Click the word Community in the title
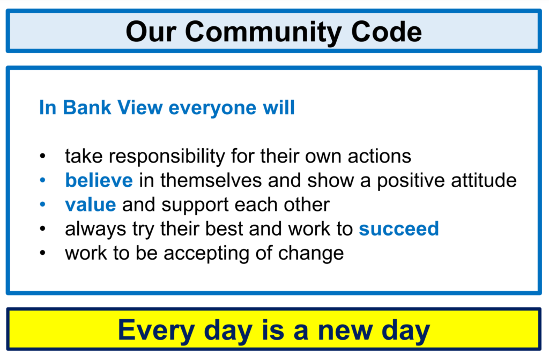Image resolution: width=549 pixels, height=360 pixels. (x=264, y=32)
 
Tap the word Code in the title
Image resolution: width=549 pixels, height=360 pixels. (x=386, y=32)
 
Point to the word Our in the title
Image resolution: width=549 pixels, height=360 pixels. (x=151, y=32)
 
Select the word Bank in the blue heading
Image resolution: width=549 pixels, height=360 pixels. (x=87, y=107)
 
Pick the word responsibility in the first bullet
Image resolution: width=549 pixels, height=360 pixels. (x=167, y=156)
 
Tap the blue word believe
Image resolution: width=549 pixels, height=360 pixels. (x=99, y=180)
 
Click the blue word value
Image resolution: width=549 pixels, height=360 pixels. (x=90, y=205)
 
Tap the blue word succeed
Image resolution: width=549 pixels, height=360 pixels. (x=399, y=229)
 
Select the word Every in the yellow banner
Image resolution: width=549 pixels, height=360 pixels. (x=156, y=330)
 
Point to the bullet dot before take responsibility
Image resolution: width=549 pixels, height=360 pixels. (x=43, y=156)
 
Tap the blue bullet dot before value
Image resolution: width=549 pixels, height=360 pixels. (x=43, y=204)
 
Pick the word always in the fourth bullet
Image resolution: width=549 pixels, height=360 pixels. (x=95, y=230)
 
